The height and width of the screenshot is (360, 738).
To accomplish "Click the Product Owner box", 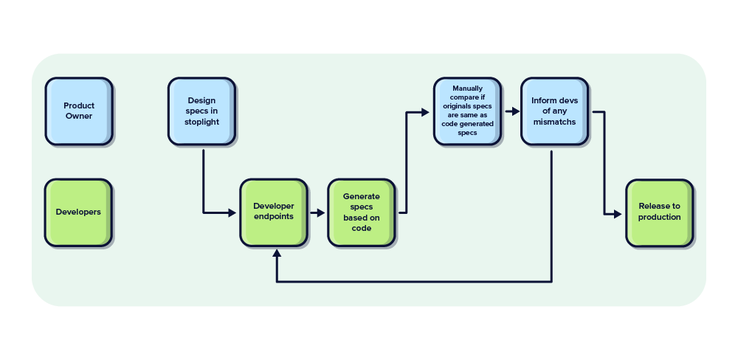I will (78, 111).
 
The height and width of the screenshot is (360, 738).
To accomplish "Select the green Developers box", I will (78, 212).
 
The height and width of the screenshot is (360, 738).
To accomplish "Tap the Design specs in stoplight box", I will (201, 111).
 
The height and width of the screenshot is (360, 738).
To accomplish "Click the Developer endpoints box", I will (273, 212).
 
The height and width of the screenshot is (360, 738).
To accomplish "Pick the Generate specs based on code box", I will (362, 212).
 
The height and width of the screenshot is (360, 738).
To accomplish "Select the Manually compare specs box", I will (467, 111).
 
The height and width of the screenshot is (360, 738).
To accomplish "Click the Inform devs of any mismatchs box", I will (554, 111).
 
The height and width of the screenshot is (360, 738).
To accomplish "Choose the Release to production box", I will (659, 212).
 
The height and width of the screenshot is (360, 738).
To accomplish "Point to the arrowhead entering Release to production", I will (618, 214).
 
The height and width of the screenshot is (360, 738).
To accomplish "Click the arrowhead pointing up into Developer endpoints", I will (277, 254).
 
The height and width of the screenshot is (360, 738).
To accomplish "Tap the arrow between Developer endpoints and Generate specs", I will (317, 212).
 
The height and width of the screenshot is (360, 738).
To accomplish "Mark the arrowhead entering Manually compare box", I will (425, 112).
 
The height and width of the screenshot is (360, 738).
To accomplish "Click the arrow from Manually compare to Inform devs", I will (511, 112).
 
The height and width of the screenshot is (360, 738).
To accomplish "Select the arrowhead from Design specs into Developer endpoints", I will (232, 212).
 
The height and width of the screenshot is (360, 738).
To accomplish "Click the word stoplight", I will (201, 122).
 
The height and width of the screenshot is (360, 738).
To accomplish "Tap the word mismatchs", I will (554, 122).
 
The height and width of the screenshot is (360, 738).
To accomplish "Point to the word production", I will (659, 217).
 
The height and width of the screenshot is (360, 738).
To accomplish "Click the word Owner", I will (78, 116).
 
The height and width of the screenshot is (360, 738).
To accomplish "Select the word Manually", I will (467, 89).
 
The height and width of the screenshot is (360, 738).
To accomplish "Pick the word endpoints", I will (273, 216).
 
